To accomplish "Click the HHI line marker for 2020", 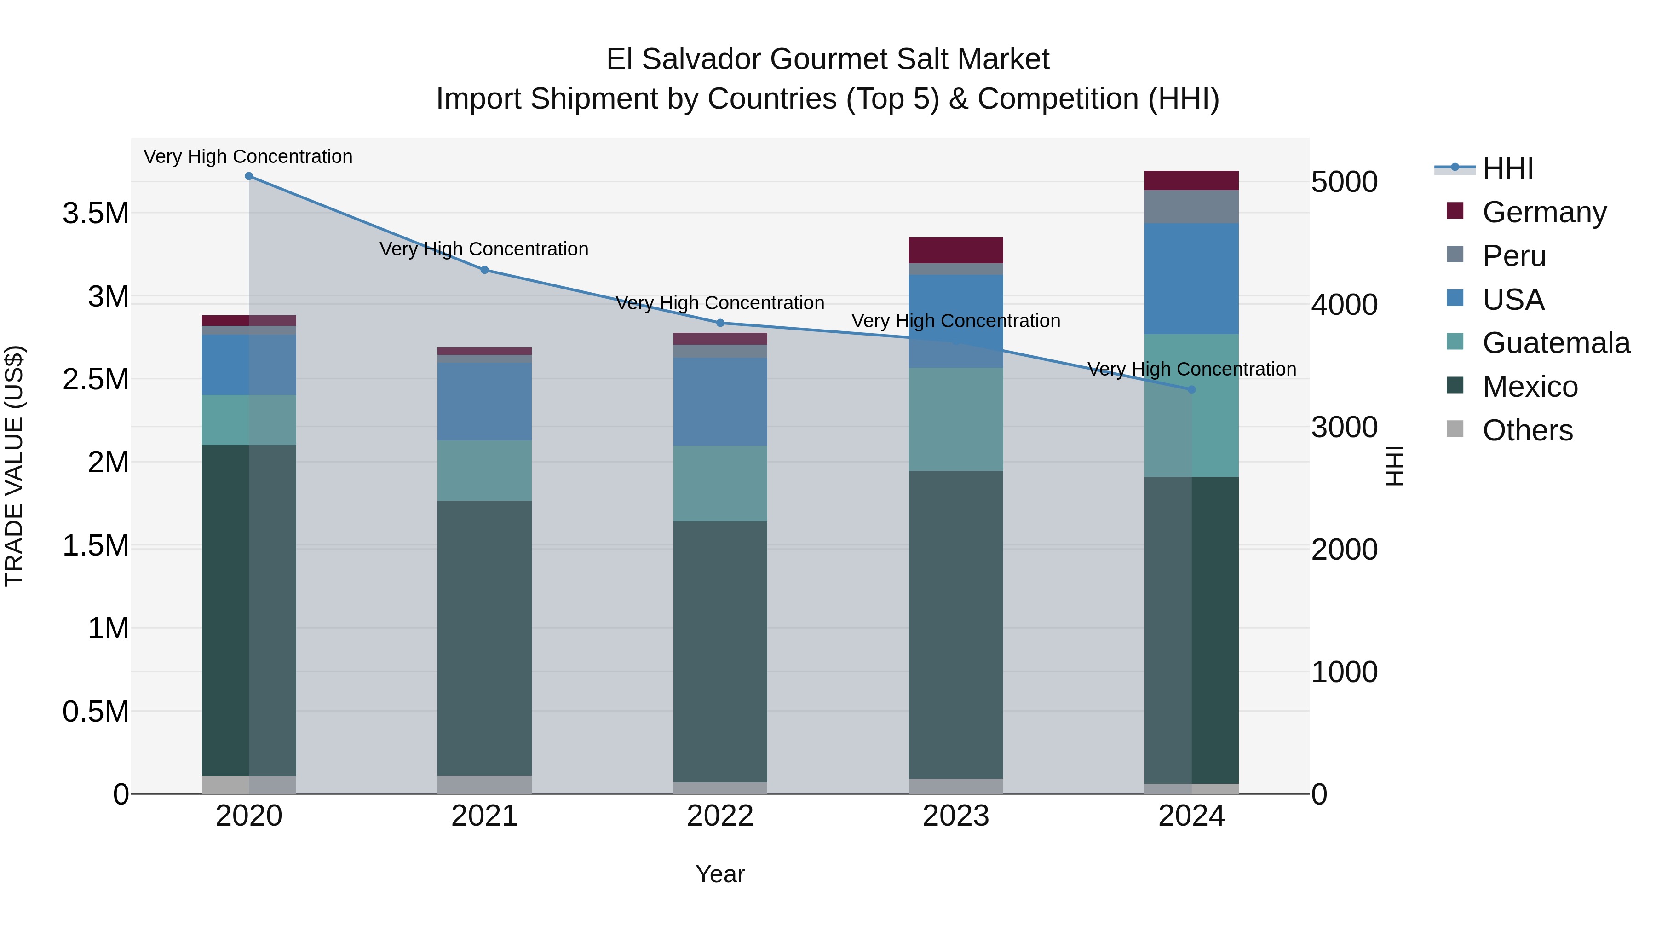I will click(x=249, y=176).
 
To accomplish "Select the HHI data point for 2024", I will click(x=1191, y=389).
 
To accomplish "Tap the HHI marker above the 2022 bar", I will click(x=720, y=323).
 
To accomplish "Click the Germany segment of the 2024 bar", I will click(x=1191, y=181).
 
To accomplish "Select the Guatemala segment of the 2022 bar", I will click(x=720, y=483).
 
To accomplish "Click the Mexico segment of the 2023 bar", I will click(x=955, y=624).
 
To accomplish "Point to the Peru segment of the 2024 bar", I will click(x=1191, y=207).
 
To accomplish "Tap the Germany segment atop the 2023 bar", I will click(x=955, y=250).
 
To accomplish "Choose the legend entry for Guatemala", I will click(x=1556, y=343).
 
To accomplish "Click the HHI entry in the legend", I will click(x=1507, y=168).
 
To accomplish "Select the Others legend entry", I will click(x=1527, y=430).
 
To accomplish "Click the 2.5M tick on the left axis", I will click(x=96, y=380).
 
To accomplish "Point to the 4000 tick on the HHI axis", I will click(x=1344, y=304).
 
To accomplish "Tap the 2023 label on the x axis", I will click(x=955, y=816).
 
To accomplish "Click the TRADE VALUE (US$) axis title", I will click(x=14, y=466).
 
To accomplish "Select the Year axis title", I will click(x=720, y=874).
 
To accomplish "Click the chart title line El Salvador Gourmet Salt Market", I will click(x=828, y=59).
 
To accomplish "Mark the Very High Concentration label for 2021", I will click(x=484, y=249).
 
